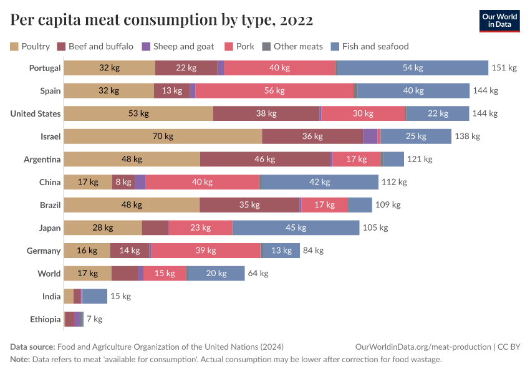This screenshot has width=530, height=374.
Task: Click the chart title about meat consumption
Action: [161, 21]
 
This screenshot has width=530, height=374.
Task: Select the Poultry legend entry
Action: [30, 46]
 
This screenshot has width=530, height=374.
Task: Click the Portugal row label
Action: [45, 68]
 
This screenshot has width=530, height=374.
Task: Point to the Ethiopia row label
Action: [45, 319]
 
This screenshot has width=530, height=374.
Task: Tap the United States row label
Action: [36, 113]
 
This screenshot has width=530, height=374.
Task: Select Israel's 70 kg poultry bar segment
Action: [163, 137]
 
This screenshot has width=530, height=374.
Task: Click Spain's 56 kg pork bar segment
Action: [274, 90]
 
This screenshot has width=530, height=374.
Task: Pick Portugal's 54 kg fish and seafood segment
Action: [412, 68]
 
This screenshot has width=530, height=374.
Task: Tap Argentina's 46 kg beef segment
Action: [265, 159]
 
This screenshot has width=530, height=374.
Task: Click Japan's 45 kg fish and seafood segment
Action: [296, 228]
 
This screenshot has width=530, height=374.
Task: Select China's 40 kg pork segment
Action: [202, 182]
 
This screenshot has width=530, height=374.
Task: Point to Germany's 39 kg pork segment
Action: [206, 251]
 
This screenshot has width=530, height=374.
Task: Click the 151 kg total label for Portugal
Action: [504, 68]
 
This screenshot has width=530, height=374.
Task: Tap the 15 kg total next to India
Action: [120, 296]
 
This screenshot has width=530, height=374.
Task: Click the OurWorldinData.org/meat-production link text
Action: [422, 347]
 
